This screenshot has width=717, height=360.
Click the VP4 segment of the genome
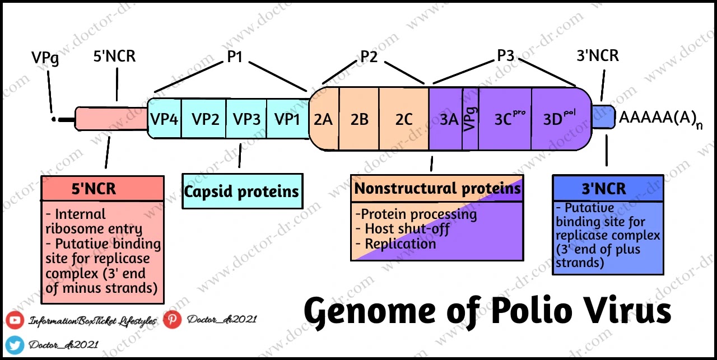pyautogui.click(x=164, y=119)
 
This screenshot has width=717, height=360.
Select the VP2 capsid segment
pyautogui.click(x=205, y=119)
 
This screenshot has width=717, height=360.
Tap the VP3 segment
pyautogui.click(x=246, y=119)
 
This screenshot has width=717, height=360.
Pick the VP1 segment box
pyautogui.click(x=287, y=119)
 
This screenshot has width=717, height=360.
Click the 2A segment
pyautogui.click(x=323, y=119)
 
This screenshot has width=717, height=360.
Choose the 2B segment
pyautogui.click(x=359, y=119)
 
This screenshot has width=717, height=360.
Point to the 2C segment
pyautogui.click(x=404, y=119)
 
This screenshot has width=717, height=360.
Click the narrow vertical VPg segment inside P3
pyautogui.click(x=471, y=119)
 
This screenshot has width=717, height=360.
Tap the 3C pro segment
pyautogui.click(x=505, y=119)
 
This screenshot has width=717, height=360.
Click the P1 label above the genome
pyautogui.click(x=234, y=56)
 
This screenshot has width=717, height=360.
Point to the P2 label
pyautogui.click(x=369, y=57)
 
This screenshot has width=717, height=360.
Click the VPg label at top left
pyautogui.click(x=45, y=59)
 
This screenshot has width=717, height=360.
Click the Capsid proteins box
pyautogui.click(x=242, y=191)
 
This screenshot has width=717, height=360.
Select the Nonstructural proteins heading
pyautogui.click(x=437, y=188)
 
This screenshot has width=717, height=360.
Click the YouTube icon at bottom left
pyautogui.click(x=15, y=321)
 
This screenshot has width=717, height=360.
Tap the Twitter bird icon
pyautogui.click(x=15, y=344)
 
